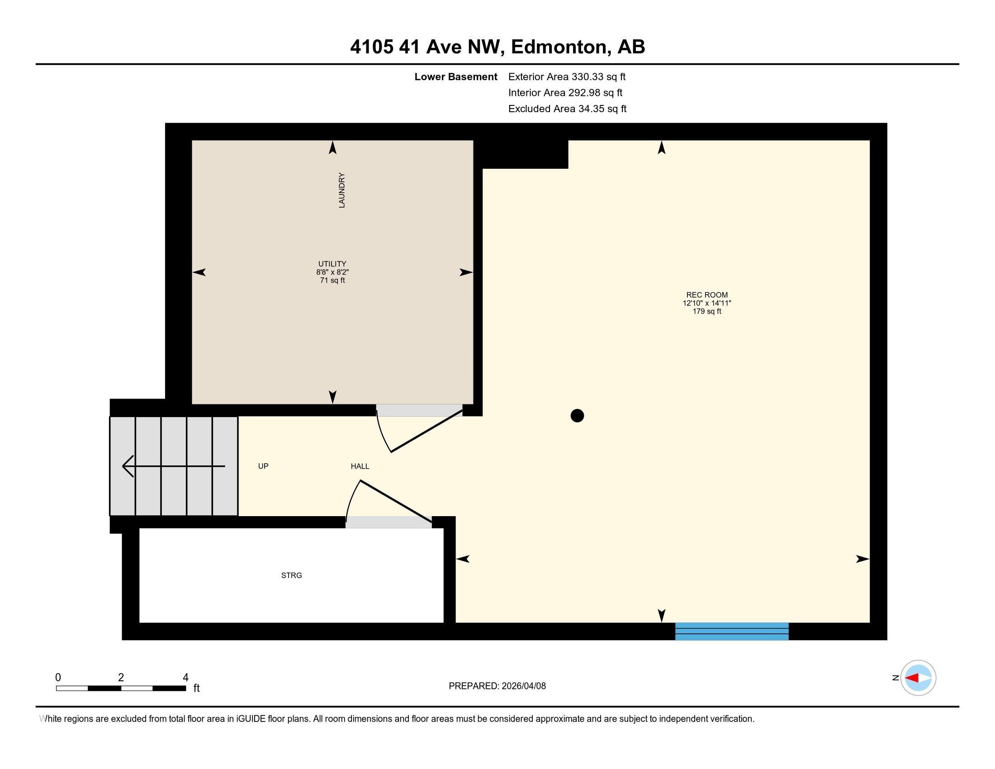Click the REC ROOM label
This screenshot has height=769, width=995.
(x=706, y=295)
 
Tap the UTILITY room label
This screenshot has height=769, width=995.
(x=332, y=264)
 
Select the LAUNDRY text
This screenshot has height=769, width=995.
(x=341, y=190)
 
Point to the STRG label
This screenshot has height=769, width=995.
(x=292, y=575)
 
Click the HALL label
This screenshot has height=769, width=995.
(x=360, y=466)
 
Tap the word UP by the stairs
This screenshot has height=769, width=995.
(x=263, y=466)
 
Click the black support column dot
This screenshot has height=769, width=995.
(x=577, y=415)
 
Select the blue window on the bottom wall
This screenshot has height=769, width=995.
(x=732, y=631)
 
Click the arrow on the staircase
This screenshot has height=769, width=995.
(x=173, y=466)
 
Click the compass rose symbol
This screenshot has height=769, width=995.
(x=918, y=678)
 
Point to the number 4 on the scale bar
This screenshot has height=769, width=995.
(x=185, y=678)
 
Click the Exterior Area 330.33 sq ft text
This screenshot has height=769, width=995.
(x=567, y=76)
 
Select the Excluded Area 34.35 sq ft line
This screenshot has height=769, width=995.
(x=567, y=109)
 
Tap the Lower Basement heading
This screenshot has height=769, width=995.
(x=455, y=76)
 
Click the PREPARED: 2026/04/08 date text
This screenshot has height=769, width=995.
(x=497, y=686)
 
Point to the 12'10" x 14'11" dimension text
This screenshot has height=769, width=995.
(x=706, y=303)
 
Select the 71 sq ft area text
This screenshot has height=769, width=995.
(x=332, y=280)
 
